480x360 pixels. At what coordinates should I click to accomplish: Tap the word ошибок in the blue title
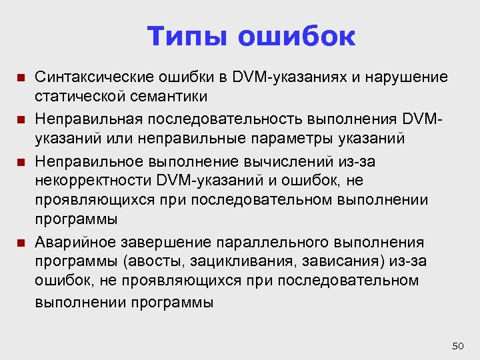pyautogui.click(x=297, y=37)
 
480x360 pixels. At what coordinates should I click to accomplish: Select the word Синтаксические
pyautogui.click(x=87, y=77)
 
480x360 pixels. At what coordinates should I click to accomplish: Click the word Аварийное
pyautogui.click(x=68, y=241)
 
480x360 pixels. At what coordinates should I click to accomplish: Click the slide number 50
pyautogui.click(x=457, y=345)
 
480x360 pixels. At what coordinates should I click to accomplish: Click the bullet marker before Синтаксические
pyautogui.click(x=21, y=78)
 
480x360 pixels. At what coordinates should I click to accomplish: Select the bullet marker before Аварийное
pyautogui.click(x=21, y=242)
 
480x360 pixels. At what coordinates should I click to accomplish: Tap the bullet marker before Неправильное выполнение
pyautogui.click(x=21, y=162)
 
